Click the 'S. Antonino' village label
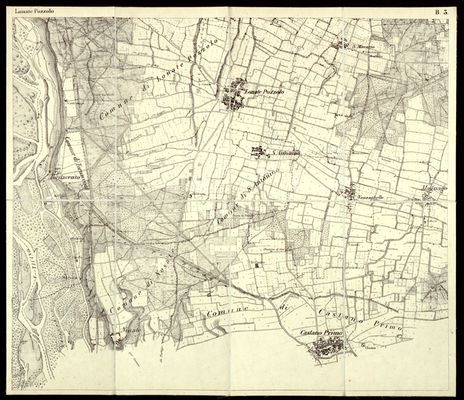pyautogui.click(x=286, y=154)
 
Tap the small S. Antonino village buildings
pyautogui.click(x=258, y=151)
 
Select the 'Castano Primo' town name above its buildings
pyautogui.click(x=320, y=332)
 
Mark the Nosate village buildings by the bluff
pyautogui.click(x=117, y=339)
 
